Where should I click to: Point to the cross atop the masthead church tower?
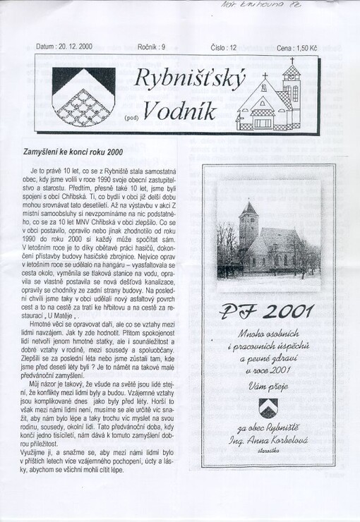(291, 61)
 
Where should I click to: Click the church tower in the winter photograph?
(248, 226)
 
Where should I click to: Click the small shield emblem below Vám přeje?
(268, 408)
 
